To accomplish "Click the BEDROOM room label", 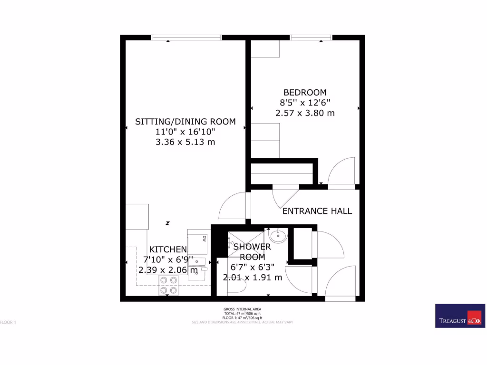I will pos(305,92).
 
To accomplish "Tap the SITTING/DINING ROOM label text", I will pos(185,121).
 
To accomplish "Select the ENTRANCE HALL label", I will pos(317,211).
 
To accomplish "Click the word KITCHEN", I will pos(168,249).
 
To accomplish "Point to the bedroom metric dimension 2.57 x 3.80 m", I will pos(305,113).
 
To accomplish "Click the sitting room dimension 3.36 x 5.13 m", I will pos(185,142).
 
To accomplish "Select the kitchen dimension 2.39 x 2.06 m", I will pos(168,270).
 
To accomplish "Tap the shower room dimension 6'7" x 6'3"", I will pos(252,267).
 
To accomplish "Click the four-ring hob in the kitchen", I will pos(168,285).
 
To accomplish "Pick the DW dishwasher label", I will pos(205,238).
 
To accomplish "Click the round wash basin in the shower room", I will pos(277,235).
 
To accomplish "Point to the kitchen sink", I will pos(200,262).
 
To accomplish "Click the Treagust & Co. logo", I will pos(460,316).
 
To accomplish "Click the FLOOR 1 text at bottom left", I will pos(8,322).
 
